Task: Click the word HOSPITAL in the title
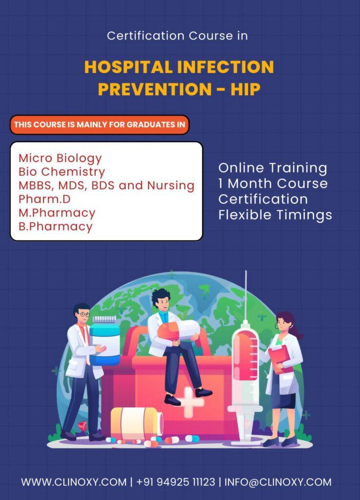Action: [128, 67]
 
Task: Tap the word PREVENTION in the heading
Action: [155, 89]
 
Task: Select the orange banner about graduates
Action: [100, 125]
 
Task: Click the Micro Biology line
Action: [60, 158]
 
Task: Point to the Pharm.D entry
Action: [44, 199]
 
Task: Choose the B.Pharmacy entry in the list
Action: [56, 227]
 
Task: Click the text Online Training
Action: [273, 168]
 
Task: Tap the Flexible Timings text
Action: [275, 215]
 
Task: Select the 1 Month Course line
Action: [273, 184]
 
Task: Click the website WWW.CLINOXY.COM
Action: [74, 482]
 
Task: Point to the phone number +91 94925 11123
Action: [176, 482]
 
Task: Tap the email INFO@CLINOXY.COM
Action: [278, 482]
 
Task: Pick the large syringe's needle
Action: [246, 296]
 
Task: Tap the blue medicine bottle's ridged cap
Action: [104, 320]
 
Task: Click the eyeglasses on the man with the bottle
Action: [84, 314]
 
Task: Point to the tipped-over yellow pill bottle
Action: [137, 423]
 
